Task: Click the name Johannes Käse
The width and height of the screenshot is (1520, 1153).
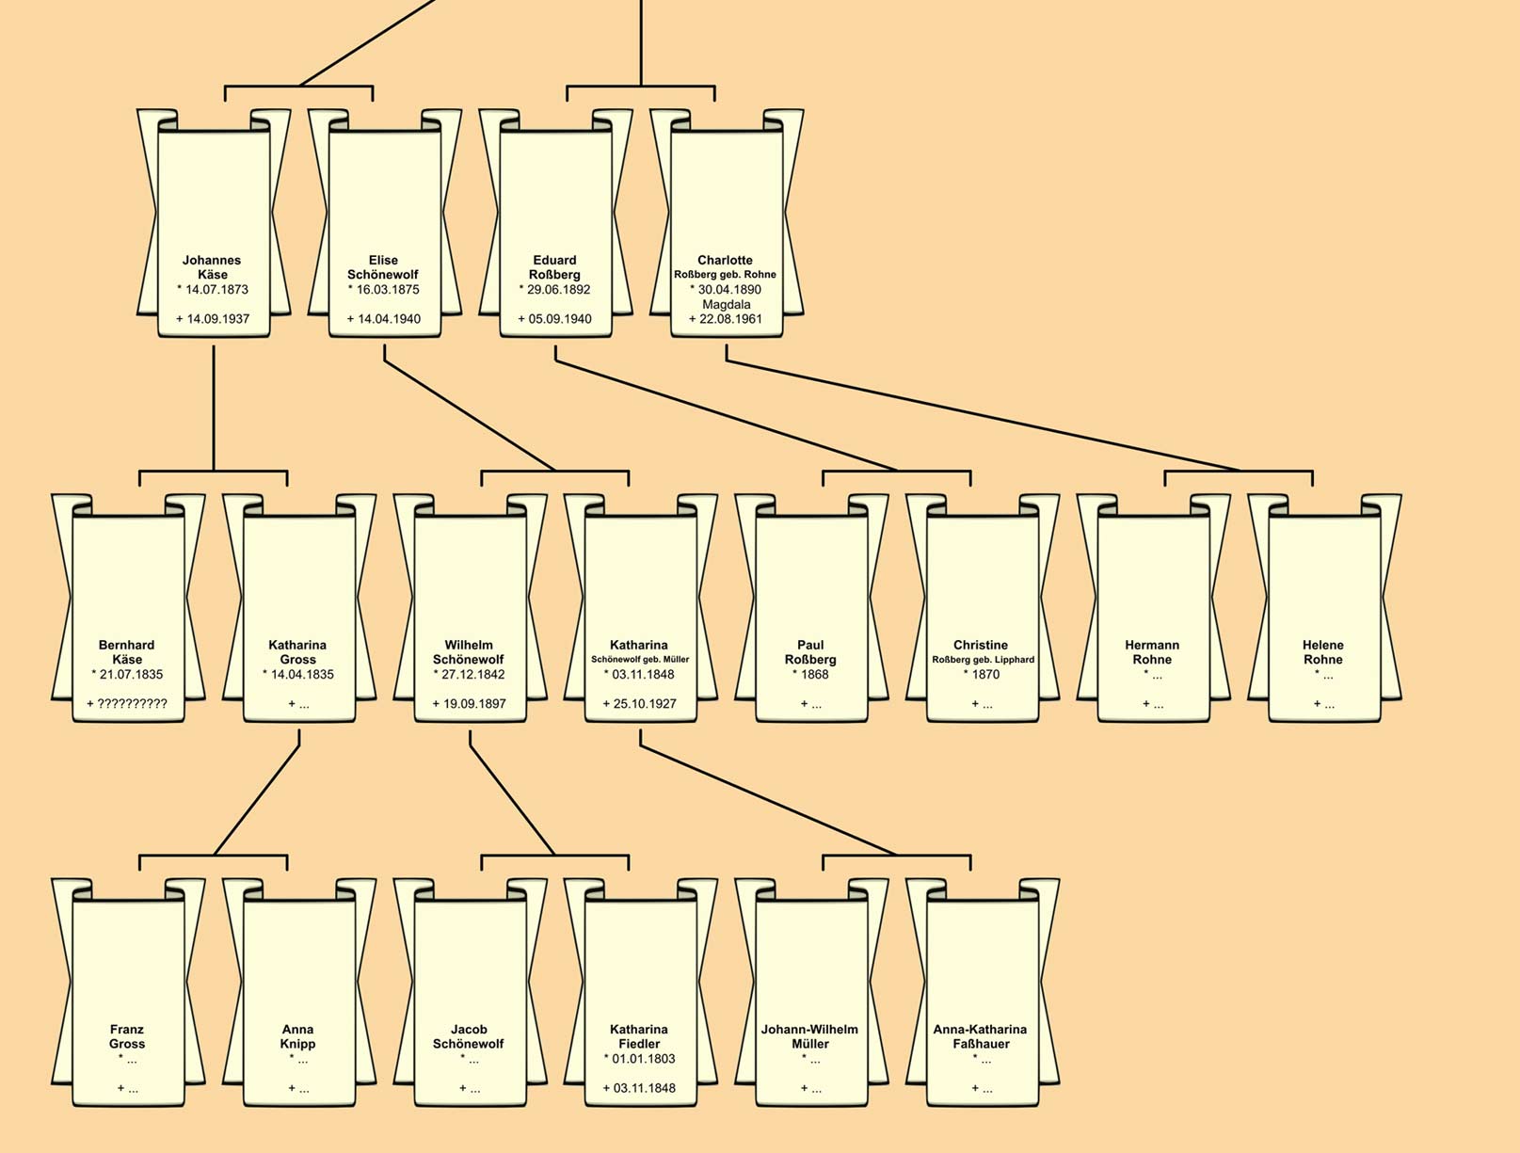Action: click(x=212, y=267)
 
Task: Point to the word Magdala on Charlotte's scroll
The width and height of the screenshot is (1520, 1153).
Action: click(x=726, y=305)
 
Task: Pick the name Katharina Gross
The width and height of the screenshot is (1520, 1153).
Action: click(x=297, y=652)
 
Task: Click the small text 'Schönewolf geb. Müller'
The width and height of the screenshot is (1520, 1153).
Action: click(x=640, y=660)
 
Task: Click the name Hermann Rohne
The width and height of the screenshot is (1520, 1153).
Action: click(x=1152, y=652)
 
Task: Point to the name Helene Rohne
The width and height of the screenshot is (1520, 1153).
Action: click(x=1322, y=652)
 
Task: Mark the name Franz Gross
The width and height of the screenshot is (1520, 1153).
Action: click(x=127, y=1036)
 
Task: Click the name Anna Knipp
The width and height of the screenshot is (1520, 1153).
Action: click(x=297, y=1036)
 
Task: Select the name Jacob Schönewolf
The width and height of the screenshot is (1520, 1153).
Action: click(x=469, y=1036)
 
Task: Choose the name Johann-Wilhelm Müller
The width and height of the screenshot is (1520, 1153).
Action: click(x=810, y=1036)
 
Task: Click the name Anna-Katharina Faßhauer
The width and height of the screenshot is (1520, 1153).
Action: click(x=981, y=1036)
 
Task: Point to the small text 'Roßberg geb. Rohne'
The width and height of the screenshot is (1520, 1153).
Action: click(x=726, y=275)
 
